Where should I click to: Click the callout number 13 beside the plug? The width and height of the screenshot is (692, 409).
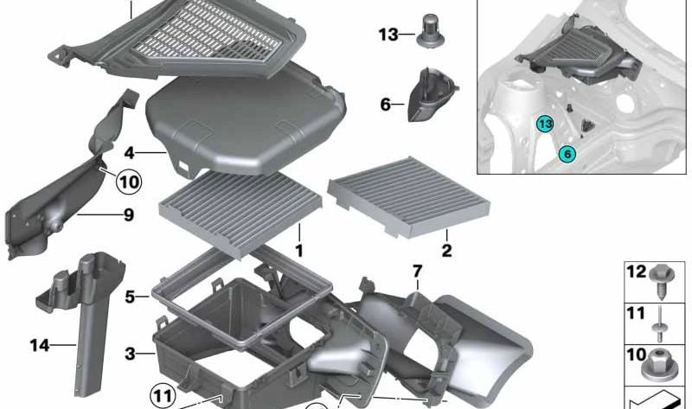pos(388,35)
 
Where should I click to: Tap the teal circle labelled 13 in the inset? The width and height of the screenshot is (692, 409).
pos(545,124)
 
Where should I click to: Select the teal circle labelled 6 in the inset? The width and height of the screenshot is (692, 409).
pos(567,154)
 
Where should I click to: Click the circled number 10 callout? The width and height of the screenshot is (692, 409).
pos(129,182)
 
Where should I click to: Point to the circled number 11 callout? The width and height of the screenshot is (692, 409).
pos(163,396)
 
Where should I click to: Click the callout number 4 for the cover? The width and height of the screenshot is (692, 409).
pos(129,153)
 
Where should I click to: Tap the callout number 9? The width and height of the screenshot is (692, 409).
pos(128,214)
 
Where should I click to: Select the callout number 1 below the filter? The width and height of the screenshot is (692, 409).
pos(299,251)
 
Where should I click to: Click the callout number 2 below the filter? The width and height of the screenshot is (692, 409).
pos(446,250)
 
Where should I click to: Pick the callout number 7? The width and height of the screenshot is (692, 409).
pos(418,271)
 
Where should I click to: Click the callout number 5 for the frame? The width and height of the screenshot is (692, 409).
pos(130,297)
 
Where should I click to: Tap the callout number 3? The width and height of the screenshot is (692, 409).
pos(130,354)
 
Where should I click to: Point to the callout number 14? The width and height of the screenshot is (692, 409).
pos(40,345)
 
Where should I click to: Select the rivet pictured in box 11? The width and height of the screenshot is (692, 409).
pos(660,324)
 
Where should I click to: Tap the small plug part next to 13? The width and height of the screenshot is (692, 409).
pos(431,31)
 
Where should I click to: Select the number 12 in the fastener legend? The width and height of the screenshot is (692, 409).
pos(636,272)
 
